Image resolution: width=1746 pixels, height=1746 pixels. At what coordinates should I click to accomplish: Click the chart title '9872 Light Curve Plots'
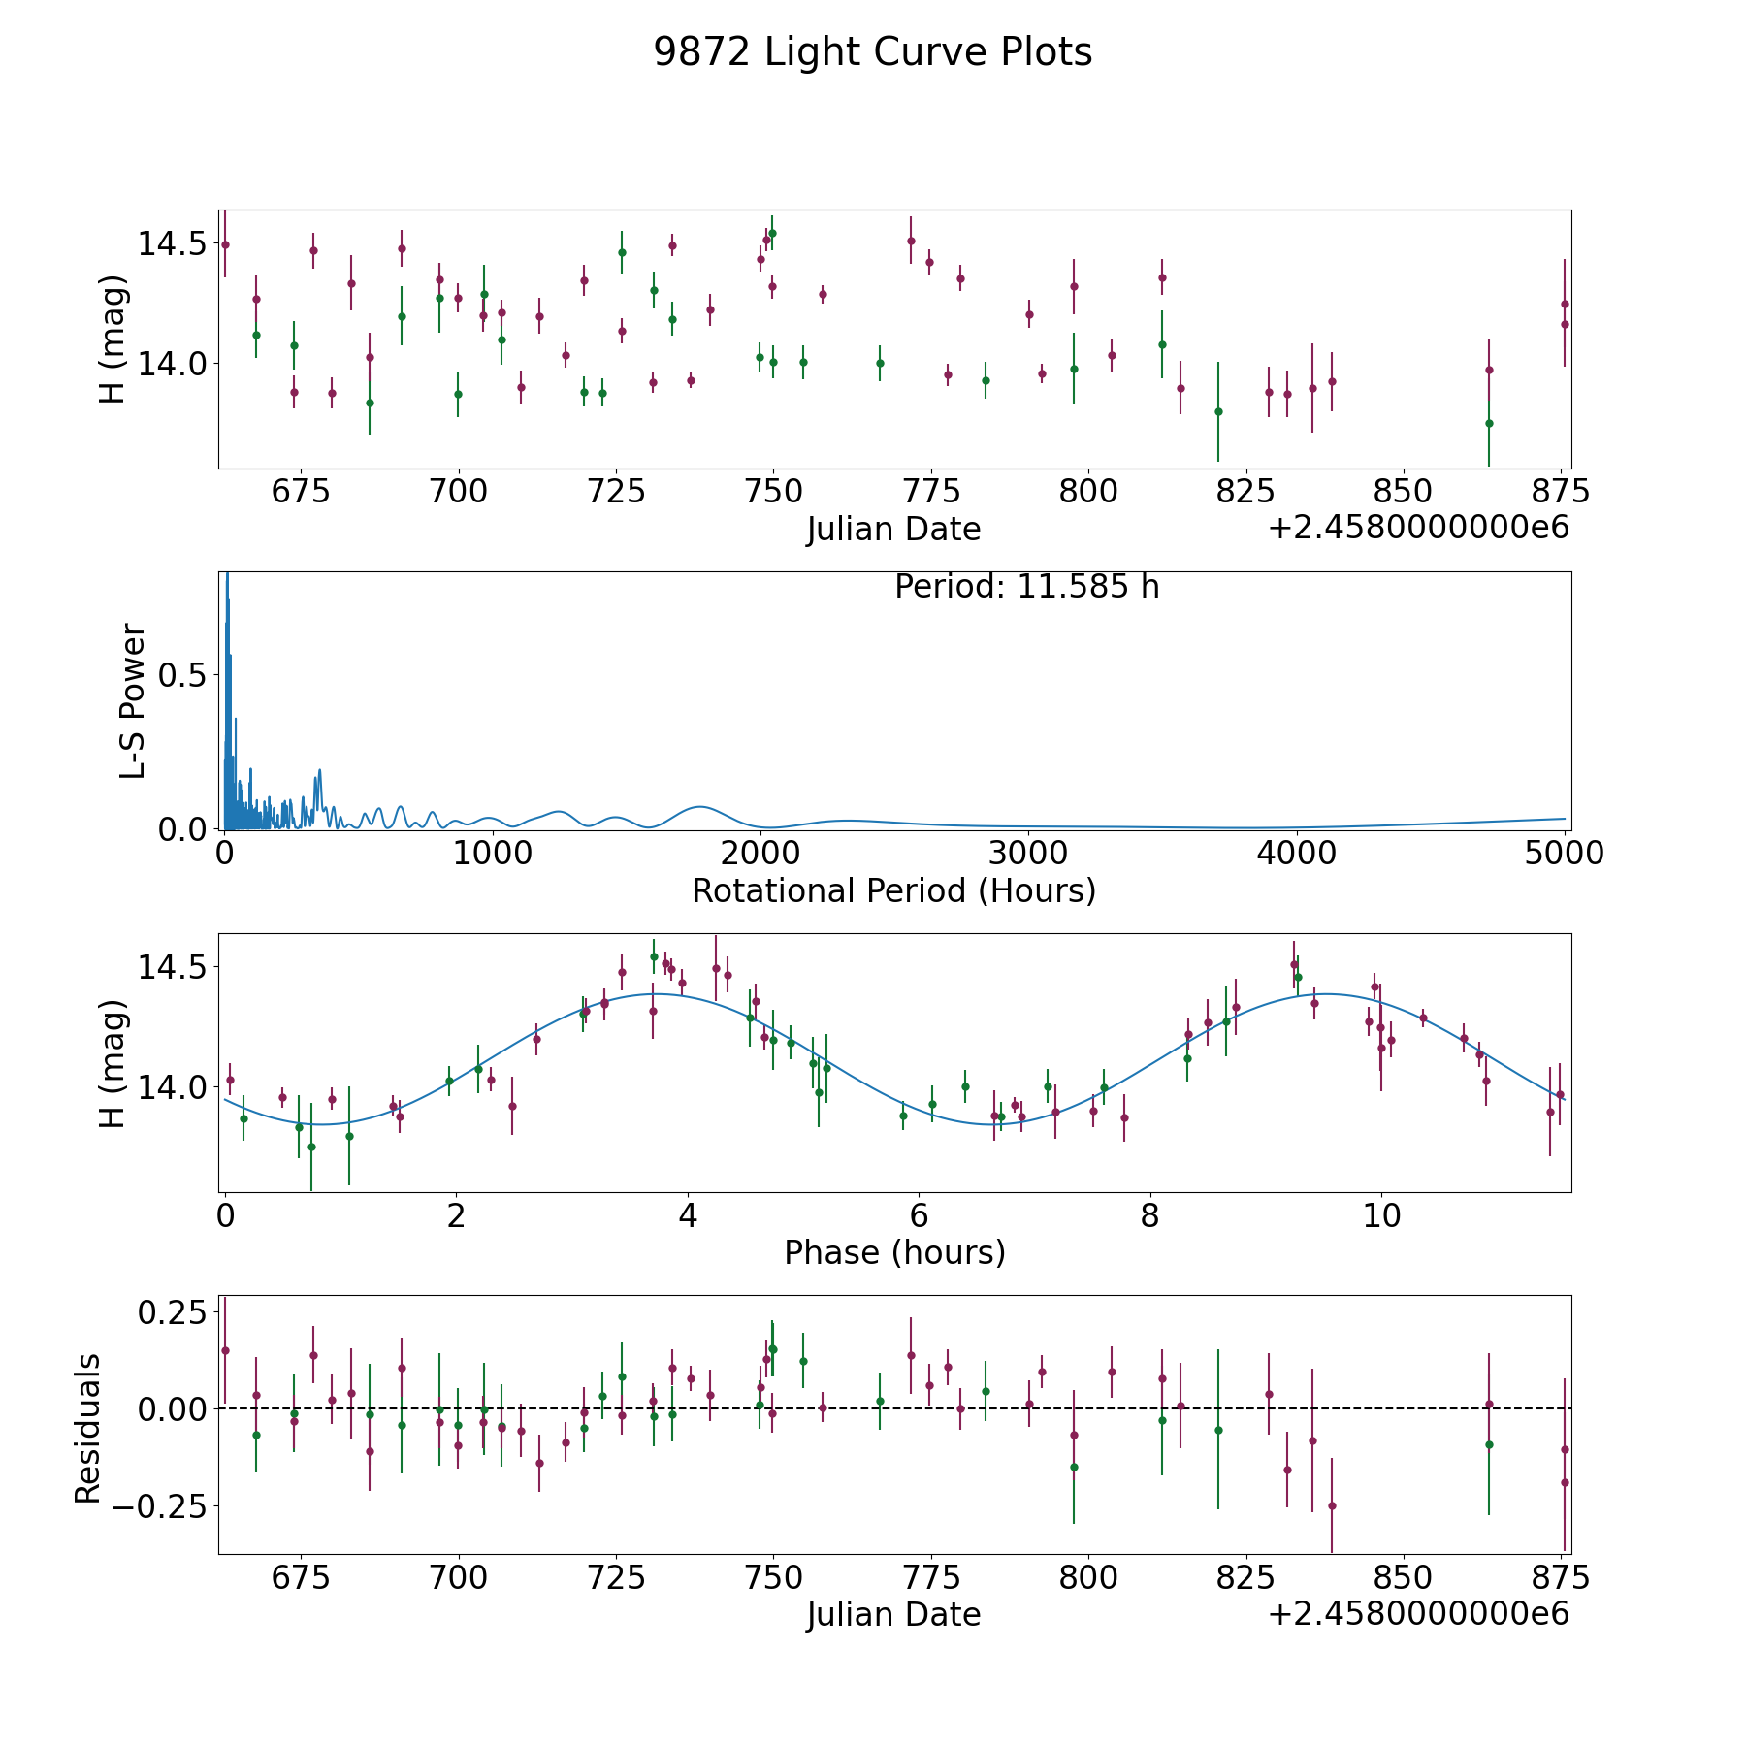(x=873, y=52)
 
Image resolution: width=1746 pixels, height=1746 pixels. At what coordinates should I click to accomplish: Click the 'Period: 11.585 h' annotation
(x=1026, y=587)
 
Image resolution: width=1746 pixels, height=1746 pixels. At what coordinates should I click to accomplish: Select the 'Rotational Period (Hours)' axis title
(x=893, y=890)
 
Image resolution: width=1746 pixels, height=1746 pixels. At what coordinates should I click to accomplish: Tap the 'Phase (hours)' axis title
(x=894, y=1252)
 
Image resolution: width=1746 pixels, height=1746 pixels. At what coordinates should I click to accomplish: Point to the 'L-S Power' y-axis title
(x=133, y=700)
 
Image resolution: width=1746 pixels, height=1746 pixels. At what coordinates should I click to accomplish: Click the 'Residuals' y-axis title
(x=88, y=1429)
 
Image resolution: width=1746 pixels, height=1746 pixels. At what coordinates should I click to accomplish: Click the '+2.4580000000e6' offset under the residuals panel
(x=1419, y=1613)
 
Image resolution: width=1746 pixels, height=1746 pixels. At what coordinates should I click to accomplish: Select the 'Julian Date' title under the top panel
(x=893, y=529)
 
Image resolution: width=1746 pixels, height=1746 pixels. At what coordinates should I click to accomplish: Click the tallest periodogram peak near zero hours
(x=227, y=574)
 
